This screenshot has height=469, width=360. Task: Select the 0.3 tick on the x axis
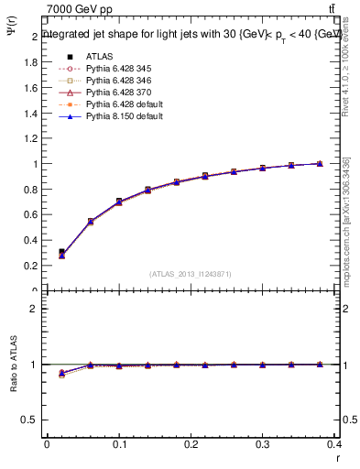pyautogui.click(x=264, y=444)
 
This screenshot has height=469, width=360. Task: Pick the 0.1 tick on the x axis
pyautogui.click(x=119, y=444)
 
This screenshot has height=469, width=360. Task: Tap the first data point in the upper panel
pyautogui.click(x=61, y=252)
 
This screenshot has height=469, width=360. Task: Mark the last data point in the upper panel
pyautogui.click(x=319, y=164)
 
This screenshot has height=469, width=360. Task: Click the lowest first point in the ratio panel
pyautogui.click(x=61, y=375)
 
